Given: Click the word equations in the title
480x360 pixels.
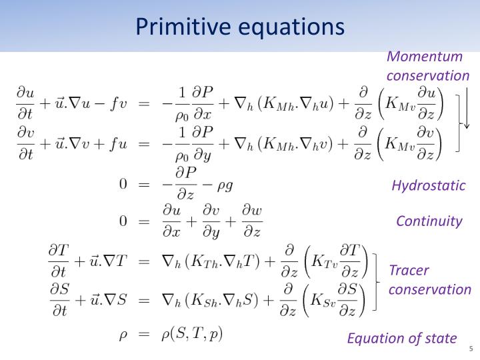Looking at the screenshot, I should pos(291,26).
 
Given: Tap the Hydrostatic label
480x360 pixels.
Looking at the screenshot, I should pos(428,185).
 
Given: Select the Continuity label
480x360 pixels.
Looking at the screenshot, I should pos(429,221).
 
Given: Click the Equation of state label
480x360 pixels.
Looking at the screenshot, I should pos(402,338).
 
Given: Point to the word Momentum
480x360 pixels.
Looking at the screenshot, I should pos(425,57).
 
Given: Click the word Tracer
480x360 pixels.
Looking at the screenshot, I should pos(409,271).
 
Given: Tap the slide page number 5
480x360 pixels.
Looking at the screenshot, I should pos(471,349).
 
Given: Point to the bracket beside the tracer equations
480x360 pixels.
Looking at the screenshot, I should pos(377,280).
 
